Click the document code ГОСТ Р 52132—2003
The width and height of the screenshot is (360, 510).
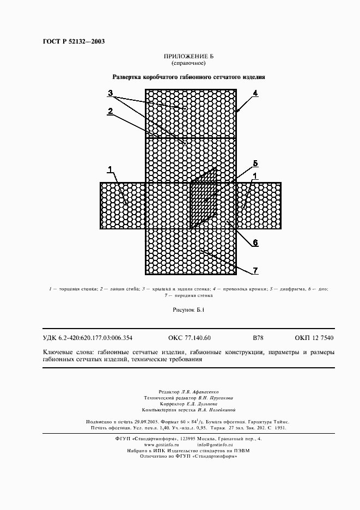pyautogui.click(x=74, y=42)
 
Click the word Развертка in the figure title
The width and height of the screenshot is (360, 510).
pyautogui.click(x=127, y=77)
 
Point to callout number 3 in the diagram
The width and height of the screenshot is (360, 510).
pyautogui.click(x=110, y=93)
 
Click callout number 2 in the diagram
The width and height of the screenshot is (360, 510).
pyautogui.click(x=110, y=111)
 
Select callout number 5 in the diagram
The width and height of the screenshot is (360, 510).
pyautogui.click(x=255, y=163)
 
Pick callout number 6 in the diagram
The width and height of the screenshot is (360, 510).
pyautogui.click(x=255, y=243)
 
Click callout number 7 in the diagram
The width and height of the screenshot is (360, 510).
pyautogui.click(x=255, y=270)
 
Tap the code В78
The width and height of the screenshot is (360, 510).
pyautogui.click(x=258, y=338)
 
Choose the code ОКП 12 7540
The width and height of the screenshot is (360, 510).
pyautogui.click(x=314, y=338)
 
